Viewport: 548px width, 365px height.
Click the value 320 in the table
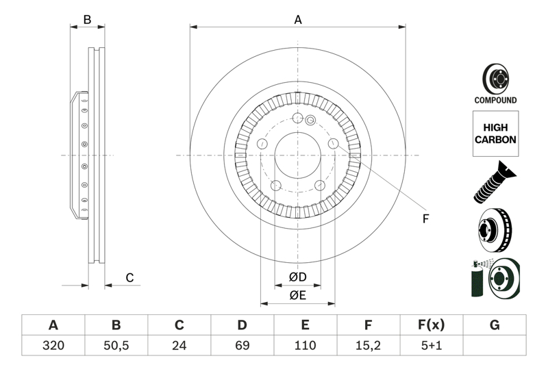tap(53, 346)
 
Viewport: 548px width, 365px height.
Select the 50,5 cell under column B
tap(116, 346)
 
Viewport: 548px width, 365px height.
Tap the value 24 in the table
tap(179, 346)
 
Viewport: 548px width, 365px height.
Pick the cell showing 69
tap(242, 346)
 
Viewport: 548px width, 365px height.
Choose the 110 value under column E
tap(306, 346)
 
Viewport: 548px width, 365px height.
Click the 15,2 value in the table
tap(369, 346)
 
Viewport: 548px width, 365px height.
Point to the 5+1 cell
tap(432, 346)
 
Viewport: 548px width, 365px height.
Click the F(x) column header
tap(432, 325)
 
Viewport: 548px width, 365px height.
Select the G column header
tap(495, 325)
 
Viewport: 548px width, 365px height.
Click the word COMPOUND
tap(495, 100)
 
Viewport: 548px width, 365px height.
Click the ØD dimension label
tap(297, 277)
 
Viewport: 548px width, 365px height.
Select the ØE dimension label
tap(297, 295)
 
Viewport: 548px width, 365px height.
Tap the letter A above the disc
tap(298, 20)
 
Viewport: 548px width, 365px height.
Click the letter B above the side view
tap(87, 20)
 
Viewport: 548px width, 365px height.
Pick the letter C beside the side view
tap(128, 277)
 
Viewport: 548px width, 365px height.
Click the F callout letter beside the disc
tap(425, 219)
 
